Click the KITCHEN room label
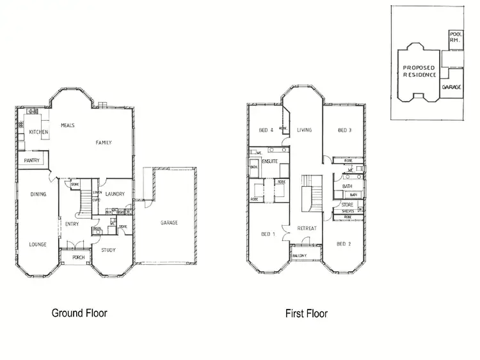39,132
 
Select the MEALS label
68,125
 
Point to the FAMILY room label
104,143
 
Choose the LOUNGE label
38,244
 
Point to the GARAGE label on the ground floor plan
170,223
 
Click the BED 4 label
266,130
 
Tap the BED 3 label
345,130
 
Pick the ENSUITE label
270,161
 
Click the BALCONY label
300,256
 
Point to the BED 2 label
344,244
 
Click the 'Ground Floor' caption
79,313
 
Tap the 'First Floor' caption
306,313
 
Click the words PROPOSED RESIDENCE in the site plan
419,71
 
